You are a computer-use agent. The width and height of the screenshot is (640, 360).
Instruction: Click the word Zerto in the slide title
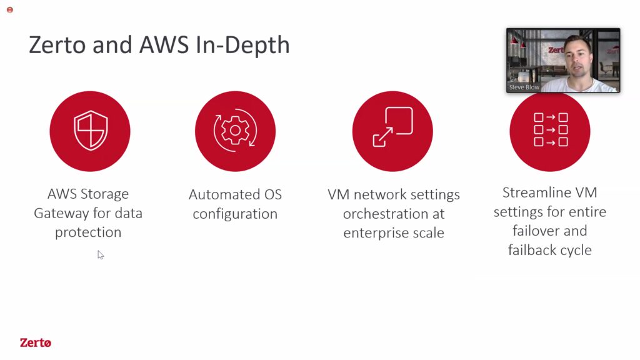[x=57, y=44]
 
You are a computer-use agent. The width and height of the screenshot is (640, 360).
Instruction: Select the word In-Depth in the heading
[x=243, y=46]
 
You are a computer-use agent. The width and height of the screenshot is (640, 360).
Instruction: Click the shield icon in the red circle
[x=90, y=131]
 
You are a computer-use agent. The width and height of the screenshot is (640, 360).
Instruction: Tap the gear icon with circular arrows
[x=235, y=131]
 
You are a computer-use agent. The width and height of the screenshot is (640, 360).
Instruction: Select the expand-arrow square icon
[x=392, y=126]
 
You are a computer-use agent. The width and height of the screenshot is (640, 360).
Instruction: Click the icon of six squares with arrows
[x=551, y=130]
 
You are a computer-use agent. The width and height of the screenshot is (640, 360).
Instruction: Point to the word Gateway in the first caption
[x=61, y=214]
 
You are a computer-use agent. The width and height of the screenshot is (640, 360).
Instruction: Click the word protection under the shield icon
[x=88, y=232]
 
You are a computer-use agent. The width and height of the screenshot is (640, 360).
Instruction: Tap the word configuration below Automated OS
[x=235, y=214]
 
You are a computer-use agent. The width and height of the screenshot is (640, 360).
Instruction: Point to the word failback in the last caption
[x=532, y=250]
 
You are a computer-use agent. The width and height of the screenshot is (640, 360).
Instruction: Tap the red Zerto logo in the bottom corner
[x=36, y=342]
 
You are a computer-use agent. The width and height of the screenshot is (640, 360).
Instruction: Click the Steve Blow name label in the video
[x=524, y=87]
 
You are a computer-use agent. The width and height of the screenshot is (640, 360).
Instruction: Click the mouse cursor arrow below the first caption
[x=101, y=255]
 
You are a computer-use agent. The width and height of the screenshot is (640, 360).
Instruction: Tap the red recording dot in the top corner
[x=10, y=10]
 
